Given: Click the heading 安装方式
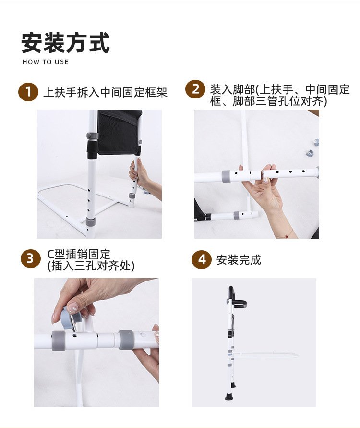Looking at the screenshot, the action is [x=65, y=43].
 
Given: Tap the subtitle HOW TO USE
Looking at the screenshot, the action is [x=45, y=62].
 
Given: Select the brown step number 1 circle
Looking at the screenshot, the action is [x=28, y=92].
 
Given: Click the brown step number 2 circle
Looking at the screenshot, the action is [x=195, y=89].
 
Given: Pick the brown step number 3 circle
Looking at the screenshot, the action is [x=31, y=258].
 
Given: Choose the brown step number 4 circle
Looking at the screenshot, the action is [x=202, y=259].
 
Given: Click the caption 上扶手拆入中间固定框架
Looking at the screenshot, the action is [x=105, y=92].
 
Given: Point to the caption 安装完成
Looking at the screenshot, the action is [x=239, y=260].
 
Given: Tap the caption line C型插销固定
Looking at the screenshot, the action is [x=79, y=254].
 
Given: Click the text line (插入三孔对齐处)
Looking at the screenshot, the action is [x=91, y=266].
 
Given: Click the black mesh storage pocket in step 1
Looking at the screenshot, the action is [x=119, y=132].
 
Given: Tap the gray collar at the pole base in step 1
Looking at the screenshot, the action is [x=90, y=221].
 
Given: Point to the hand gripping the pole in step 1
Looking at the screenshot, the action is [x=144, y=177].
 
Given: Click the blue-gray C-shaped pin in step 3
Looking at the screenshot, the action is [x=69, y=318].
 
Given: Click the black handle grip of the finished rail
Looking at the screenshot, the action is [x=236, y=299].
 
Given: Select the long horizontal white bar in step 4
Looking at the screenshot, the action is [x=265, y=355].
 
